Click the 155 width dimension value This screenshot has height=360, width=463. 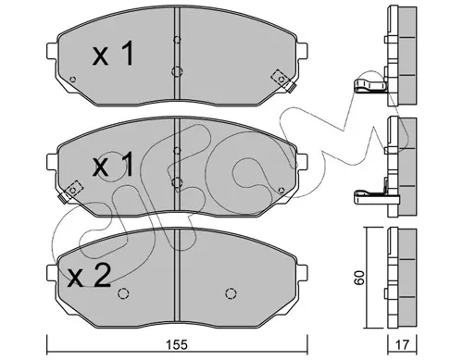pos(178,345)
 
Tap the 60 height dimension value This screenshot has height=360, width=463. pos(360,278)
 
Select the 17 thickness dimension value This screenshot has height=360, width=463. pos(402,345)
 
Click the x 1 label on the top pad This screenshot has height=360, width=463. pos(113,54)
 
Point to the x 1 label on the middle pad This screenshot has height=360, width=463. pos(113,165)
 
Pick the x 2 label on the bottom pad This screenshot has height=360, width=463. pos(90,276)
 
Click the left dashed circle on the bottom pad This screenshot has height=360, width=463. pos(123,293)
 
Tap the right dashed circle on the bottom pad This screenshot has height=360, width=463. pos(231,293)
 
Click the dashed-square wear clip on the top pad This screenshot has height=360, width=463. pos(283,81)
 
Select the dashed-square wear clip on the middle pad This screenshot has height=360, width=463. pos(70,192)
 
